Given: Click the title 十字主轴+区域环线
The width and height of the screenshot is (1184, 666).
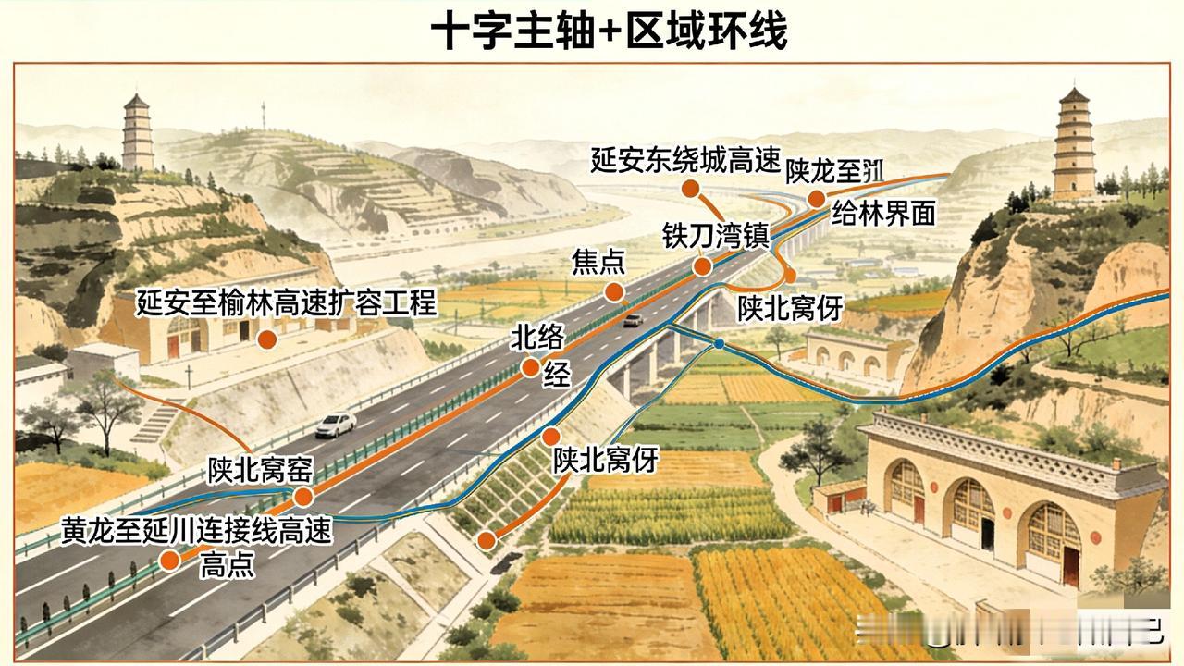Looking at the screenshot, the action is tap(609, 31).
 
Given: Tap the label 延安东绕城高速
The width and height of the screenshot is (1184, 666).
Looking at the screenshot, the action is tap(686, 160).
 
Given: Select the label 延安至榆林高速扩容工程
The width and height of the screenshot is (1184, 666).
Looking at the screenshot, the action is tap(286, 302).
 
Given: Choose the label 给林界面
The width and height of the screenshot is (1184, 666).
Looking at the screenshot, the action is tap(882, 215).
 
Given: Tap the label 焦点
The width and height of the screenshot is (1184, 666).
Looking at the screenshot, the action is tap(598, 264).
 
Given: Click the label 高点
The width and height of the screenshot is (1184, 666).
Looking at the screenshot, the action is tap(227, 565).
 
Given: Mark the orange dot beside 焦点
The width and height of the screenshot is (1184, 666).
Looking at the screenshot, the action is tap(613, 292).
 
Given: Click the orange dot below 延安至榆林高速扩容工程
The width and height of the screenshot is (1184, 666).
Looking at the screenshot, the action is tap(266, 339).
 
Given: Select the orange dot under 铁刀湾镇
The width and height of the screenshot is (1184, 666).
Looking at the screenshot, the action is tap(702, 267).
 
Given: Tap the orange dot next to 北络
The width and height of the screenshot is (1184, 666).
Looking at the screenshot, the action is tap(530, 367).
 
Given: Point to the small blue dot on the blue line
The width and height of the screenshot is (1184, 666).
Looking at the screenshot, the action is tap(719, 344).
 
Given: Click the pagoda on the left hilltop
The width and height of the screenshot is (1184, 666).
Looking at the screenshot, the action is tap(138, 131).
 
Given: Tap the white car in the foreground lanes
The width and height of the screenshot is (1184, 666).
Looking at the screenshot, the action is tap(336, 425).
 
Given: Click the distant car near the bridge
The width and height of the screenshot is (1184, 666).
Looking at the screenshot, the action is tap(633, 320).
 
